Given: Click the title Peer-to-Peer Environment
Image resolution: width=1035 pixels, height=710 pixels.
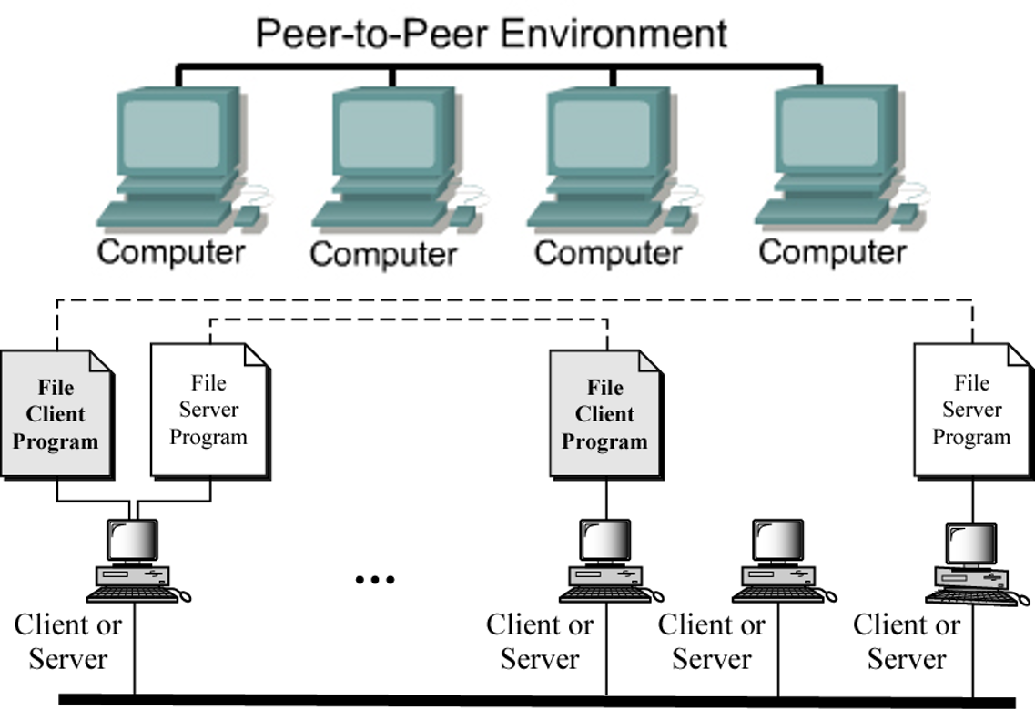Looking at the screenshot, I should tap(492, 33).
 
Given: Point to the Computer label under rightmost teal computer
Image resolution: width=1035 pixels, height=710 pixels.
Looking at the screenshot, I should tap(832, 251).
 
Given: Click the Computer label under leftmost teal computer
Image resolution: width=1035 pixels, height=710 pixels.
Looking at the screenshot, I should tap(171, 251).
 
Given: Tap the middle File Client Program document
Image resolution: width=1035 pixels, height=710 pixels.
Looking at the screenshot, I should tap(605, 415).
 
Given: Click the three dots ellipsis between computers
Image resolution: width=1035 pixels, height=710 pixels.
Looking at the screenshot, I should tap(375, 579).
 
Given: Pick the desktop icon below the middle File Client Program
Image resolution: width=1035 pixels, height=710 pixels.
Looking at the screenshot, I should tap(604, 560).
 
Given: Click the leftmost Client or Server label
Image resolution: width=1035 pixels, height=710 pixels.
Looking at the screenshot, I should tap(68, 642).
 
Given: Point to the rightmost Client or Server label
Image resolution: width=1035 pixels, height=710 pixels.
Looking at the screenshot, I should tap(907, 642).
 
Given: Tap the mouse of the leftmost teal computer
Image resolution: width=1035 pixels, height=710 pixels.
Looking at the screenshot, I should tap(246, 215).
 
